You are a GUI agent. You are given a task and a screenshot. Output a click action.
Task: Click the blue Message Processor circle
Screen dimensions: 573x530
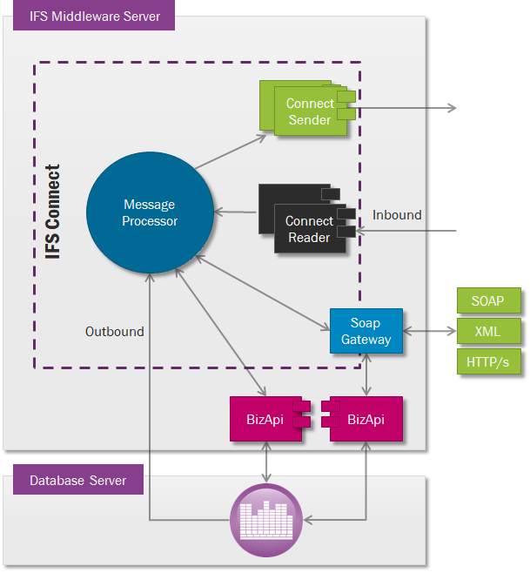tap(150, 212)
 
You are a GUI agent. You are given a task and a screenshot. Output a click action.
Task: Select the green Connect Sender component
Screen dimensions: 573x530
tap(310, 111)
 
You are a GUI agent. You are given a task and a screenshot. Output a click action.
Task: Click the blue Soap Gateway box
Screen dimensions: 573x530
tap(366, 331)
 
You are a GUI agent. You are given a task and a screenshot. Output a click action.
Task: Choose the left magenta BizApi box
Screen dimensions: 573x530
tap(265, 420)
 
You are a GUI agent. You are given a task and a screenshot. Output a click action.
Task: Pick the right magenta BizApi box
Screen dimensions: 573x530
tap(366, 420)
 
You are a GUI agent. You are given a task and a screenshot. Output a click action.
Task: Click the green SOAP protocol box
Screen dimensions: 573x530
tap(488, 301)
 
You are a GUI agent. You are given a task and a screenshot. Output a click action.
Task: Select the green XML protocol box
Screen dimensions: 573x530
tap(488, 331)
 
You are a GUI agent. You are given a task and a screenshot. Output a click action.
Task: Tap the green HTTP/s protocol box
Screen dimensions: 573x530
tap(488, 361)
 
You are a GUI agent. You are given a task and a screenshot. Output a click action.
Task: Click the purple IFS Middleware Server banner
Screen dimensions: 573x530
tap(94, 16)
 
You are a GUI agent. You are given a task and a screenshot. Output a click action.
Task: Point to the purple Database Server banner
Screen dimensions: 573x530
tap(77, 480)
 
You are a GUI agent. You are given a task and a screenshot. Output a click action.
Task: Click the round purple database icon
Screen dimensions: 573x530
tap(265, 521)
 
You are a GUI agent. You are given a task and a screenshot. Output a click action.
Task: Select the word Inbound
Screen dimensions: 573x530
tap(397, 215)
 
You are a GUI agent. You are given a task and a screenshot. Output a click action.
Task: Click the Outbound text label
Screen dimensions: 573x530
tap(114, 332)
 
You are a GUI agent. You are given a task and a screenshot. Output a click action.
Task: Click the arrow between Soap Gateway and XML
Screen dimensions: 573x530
tap(430, 331)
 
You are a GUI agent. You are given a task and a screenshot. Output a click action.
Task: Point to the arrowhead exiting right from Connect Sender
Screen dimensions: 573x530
tap(452, 108)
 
